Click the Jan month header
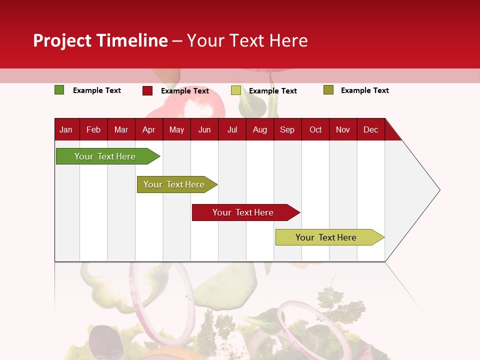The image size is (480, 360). click(x=66, y=129)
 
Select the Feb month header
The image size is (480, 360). click(x=93, y=129)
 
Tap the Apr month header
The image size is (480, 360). click(x=148, y=129)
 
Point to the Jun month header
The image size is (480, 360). click(x=204, y=129)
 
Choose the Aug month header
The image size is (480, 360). click(x=259, y=129)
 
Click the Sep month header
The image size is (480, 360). click(x=287, y=129)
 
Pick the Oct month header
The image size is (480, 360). click(x=315, y=129)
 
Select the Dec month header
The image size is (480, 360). click(x=370, y=129)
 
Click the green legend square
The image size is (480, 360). click(x=59, y=90)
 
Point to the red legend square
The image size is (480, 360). click(x=147, y=90)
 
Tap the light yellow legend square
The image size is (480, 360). click(x=236, y=90)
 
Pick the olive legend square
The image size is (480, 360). click(x=328, y=90)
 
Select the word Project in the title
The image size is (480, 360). click(x=62, y=40)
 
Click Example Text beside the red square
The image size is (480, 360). click(x=184, y=91)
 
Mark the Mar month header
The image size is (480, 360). click(x=121, y=129)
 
